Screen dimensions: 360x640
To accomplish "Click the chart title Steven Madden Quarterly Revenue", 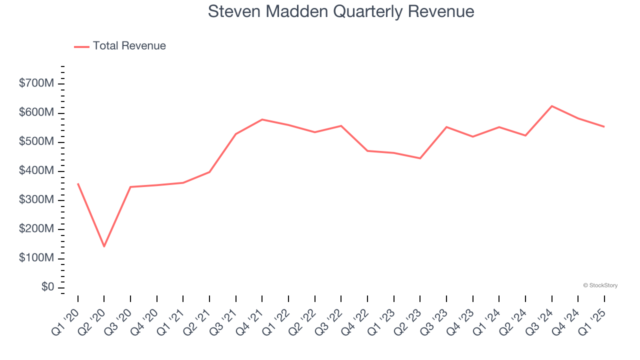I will pos(341,11).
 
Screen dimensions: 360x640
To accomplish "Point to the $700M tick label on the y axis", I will pos(36,84).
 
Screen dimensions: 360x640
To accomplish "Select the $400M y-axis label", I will pos(36,171).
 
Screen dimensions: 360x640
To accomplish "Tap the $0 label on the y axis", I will pos(48,287).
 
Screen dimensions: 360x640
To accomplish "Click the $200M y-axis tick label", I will pos(36,229).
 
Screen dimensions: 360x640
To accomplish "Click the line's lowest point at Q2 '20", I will pos(104,246).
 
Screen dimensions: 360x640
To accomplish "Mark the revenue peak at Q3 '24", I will pos(551,106).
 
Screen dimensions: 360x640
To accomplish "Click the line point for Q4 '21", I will pos(262,119).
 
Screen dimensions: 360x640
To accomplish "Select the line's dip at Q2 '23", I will pos(420,158).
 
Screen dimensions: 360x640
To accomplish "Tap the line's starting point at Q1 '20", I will pos(78,183).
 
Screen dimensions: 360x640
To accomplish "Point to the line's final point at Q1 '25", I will pos(604,126).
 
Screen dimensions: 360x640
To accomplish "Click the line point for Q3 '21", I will pos(235,134).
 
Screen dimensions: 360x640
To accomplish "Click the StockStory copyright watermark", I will pos(600,285).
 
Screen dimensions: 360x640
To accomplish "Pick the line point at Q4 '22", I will pos(367,150).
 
